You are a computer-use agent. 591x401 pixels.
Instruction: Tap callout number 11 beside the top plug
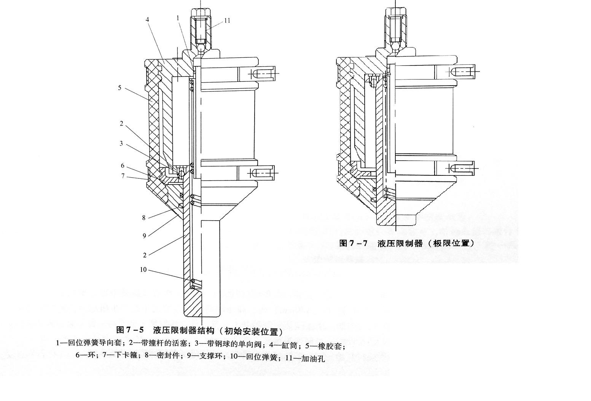click(227, 21)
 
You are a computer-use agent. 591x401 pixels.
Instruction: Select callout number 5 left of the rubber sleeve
click(119, 88)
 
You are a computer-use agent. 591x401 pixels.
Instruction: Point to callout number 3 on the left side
click(121, 143)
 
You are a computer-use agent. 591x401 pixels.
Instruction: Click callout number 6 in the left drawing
click(123, 165)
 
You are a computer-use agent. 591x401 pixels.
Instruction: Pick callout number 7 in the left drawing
click(123, 176)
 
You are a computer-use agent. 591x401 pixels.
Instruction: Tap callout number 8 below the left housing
click(144, 218)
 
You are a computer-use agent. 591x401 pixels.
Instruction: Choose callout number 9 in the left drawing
click(144, 236)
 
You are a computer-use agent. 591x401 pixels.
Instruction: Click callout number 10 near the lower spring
click(143, 270)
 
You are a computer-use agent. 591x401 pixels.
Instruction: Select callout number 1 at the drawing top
click(178, 18)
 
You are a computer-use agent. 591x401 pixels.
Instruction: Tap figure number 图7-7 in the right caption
click(354, 243)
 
